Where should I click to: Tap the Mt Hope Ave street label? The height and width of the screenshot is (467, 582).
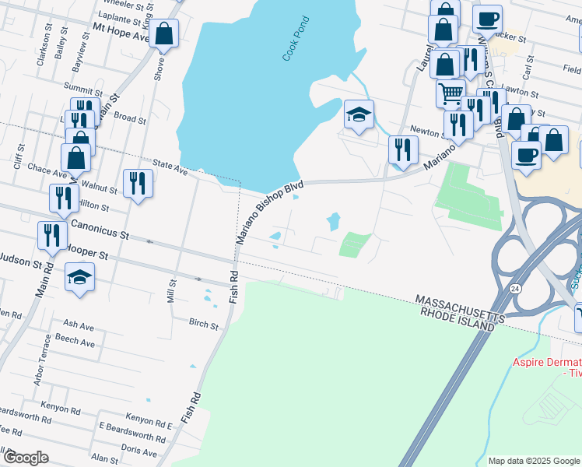[121, 31]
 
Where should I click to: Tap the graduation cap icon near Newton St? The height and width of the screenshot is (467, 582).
[359, 115]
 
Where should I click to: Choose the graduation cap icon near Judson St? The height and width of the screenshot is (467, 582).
[79, 277]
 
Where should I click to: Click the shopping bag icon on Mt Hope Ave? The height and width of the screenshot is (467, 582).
[164, 34]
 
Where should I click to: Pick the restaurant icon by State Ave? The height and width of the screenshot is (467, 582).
[138, 184]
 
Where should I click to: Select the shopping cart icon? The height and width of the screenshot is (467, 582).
[451, 94]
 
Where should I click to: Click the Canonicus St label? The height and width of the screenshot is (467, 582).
[99, 229]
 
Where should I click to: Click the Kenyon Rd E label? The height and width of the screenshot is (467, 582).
[146, 424]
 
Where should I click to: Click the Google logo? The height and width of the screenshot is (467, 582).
[26, 457]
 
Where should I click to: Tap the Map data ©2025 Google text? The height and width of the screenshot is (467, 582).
[534, 461]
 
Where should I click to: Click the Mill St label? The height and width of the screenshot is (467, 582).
[172, 290]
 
